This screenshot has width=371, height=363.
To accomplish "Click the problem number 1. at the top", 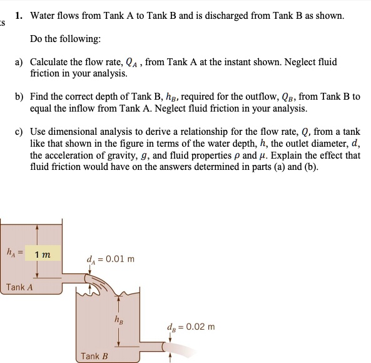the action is click(20, 15).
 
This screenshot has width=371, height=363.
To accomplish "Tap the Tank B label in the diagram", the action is click(94, 356).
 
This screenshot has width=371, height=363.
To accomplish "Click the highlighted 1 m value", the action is click(43, 254).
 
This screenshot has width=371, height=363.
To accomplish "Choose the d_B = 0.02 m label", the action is click(191, 327).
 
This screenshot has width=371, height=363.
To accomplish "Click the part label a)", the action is click(20, 63).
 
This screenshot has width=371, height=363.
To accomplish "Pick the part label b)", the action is click(20, 97).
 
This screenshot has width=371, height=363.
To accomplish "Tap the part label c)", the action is click(20, 132).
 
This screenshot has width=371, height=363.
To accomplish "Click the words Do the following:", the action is click(65, 39).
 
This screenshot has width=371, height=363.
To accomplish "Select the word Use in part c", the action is click(38, 132).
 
